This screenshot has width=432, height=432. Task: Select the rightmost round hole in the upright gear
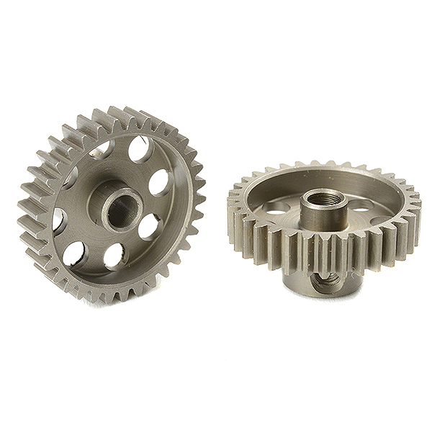tap(158, 182)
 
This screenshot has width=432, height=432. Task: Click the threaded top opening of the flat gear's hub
tap(323, 197)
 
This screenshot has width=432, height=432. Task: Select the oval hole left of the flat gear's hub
tap(276, 210)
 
